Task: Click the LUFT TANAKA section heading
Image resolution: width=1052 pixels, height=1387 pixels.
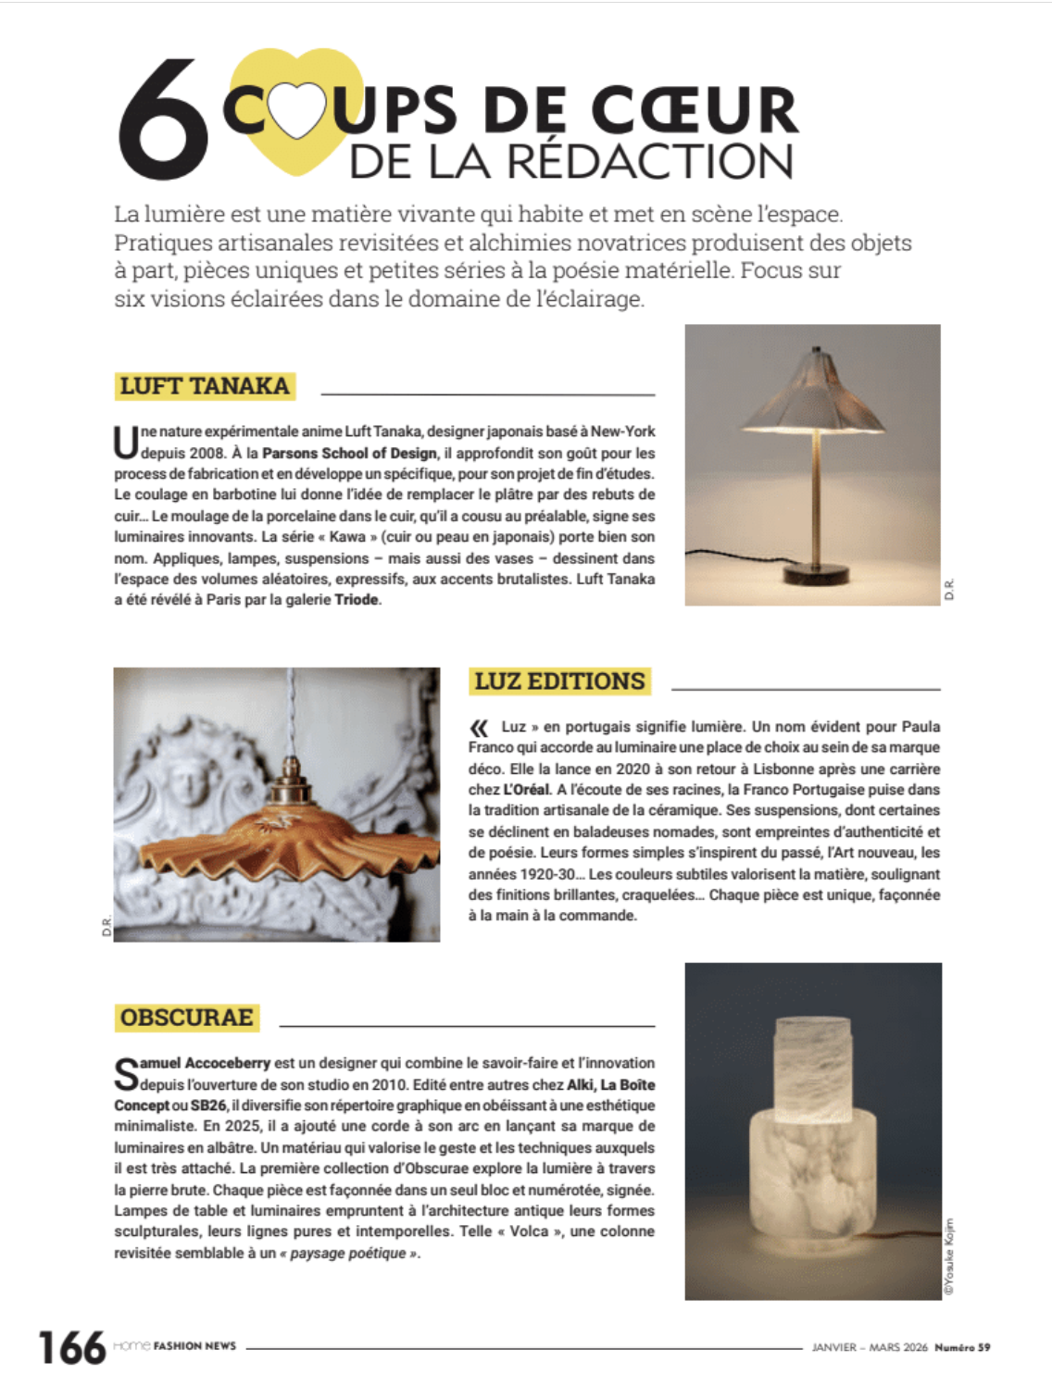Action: (x=205, y=385)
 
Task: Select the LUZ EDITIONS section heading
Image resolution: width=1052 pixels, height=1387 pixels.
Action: (x=559, y=681)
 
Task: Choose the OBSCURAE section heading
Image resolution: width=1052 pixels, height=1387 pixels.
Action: (x=186, y=1017)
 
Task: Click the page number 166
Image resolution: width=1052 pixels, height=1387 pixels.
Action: (x=71, y=1347)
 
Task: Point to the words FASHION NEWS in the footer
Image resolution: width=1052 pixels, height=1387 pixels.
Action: (x=194, y=1345)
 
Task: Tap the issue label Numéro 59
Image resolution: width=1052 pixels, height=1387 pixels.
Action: (x=962, y=1347)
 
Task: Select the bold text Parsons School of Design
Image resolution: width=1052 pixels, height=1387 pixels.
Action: (x=349, y=453)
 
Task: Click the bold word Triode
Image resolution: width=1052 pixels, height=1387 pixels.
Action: (x=357, y=600)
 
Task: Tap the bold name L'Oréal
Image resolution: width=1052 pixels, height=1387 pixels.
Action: (x=526, y=790)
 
